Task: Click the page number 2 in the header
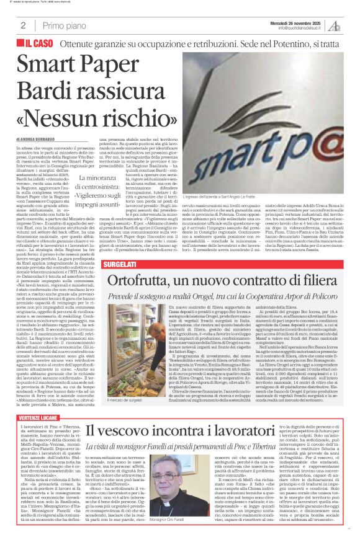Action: [23, 25]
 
